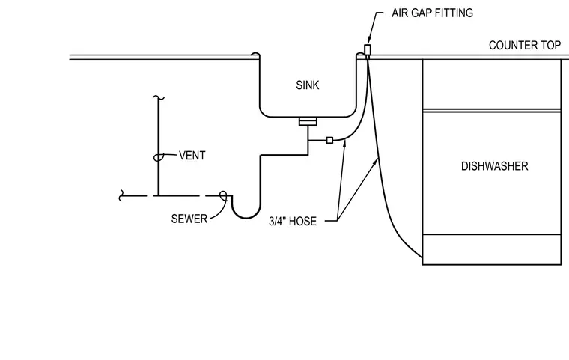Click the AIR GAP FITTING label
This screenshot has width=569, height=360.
[x=432, y=13]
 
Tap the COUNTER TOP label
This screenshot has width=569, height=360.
[x=524, y=46]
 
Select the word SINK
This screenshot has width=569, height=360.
[x=308, y=85]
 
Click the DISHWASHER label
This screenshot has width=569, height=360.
[x=495, y=166]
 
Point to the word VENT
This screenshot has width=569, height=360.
[x=192, y=156]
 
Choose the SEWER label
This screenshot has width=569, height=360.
[x=189, y=219]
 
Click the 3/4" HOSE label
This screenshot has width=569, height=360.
[x=293, y=221]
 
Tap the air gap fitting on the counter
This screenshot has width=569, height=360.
[x=368, y=51]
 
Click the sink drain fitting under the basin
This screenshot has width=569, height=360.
[x=308, y=121]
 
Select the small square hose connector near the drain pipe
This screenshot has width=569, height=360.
[x=329, y=140]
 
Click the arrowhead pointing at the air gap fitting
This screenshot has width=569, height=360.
[x=369, y=40]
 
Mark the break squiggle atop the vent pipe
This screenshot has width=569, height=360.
[x=158, y=97]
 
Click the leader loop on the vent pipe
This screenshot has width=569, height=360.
[x=157, y=157]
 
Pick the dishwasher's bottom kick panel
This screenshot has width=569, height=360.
[x=492, y=250]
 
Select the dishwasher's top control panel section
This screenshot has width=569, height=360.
[x=492, y=84]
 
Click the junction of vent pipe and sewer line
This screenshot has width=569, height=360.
[x=158, y=195]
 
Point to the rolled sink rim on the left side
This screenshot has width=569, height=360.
[x=255, y=55]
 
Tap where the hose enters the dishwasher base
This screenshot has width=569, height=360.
[x=422, y=257]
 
